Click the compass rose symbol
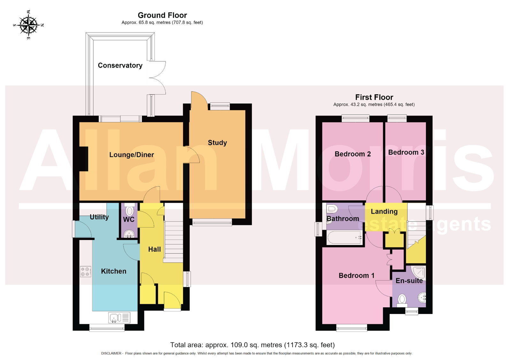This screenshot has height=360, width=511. point(28,25)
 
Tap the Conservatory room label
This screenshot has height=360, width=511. point(120,65)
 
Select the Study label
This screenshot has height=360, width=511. point(217,143)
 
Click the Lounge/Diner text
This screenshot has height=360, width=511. point(132,154)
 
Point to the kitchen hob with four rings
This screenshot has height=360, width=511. point(86,272)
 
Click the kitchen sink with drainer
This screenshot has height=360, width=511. point(119,318)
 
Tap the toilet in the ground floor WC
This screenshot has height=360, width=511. point(130,210)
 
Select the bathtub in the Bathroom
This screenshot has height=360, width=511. point(345,237)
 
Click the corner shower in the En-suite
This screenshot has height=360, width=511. point(419,272)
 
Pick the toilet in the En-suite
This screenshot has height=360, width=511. point(402,301)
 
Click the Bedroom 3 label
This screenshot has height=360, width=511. point(406,152)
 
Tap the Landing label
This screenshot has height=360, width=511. point(384,212)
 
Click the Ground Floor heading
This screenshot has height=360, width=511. point(162,15)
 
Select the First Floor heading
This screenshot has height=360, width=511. point(374,97)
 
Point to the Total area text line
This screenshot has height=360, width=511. point(252,345)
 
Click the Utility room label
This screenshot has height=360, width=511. point(99,217)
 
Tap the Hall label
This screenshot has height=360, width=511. point(155,249)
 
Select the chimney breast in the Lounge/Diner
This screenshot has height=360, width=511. point(83,159)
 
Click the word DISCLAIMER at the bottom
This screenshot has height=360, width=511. point(111,354)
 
